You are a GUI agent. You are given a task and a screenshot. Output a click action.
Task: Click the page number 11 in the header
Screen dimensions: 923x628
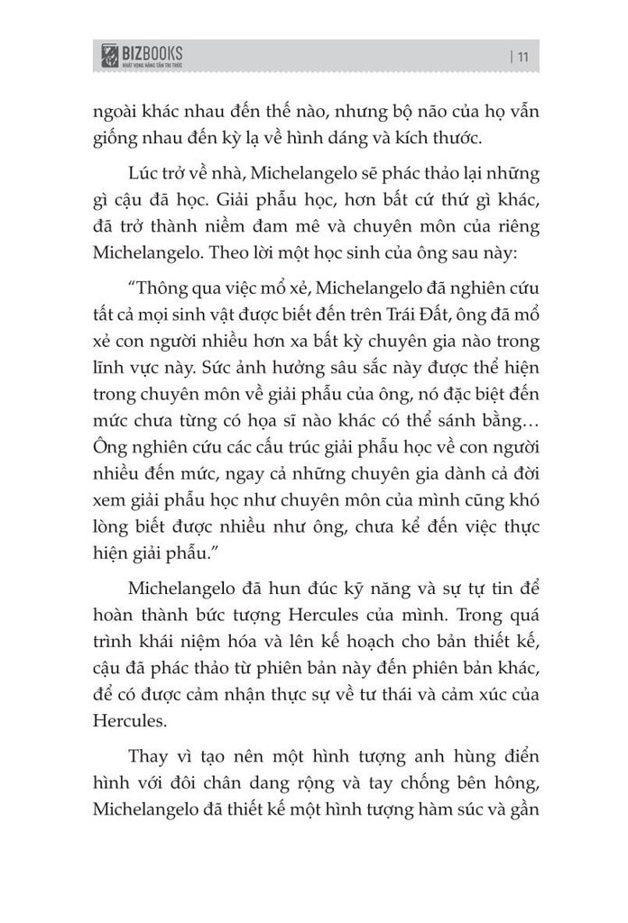(522, 58)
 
